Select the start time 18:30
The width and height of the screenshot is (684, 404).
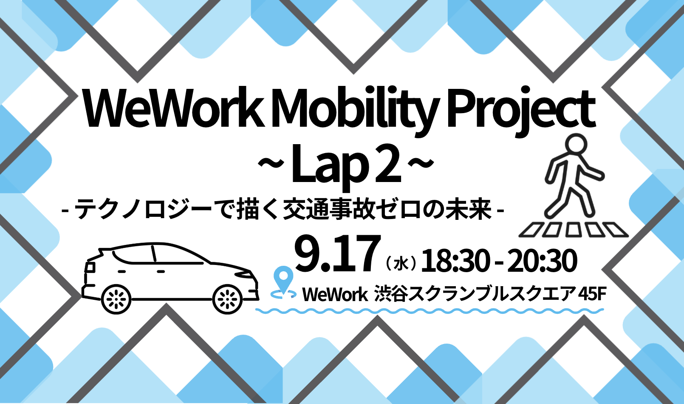coord(455,261)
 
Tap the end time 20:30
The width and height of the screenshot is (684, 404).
coord(542,261)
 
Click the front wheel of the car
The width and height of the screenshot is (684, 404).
coord(227,299)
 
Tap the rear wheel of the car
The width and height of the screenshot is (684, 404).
coord(116,299)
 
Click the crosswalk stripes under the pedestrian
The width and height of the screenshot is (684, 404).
coord(574,230)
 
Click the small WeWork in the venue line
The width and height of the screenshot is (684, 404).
coord(335,295)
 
